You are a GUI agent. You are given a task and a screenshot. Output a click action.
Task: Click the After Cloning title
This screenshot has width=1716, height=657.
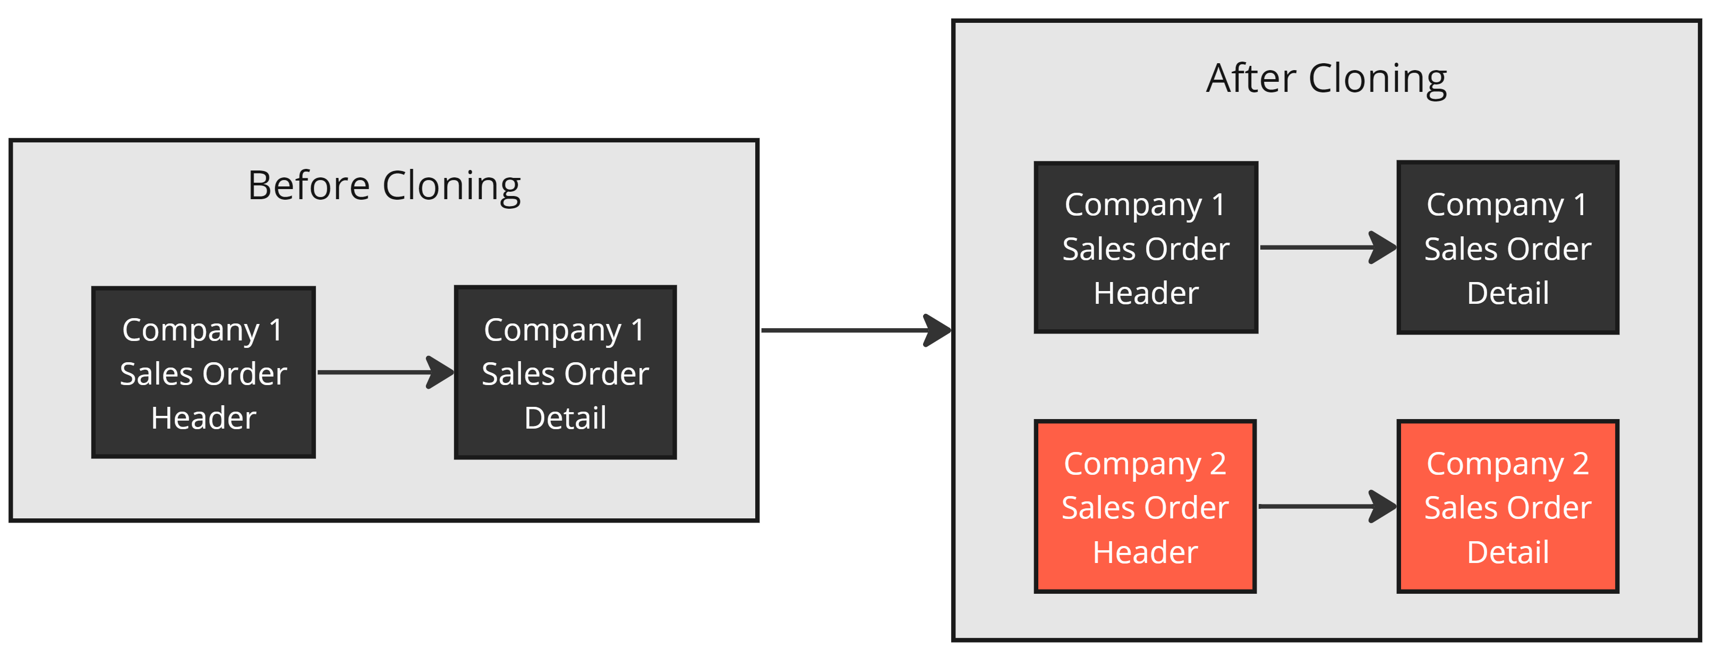[x=1326, y=79]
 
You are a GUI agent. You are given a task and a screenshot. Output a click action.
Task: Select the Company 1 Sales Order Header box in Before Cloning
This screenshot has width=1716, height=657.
[x=203, y=372]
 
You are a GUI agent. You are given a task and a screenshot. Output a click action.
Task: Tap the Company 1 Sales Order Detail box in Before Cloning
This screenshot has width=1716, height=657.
[x=565, y=372]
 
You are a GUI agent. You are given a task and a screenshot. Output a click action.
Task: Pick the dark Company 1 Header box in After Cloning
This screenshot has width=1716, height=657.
[x=1146, y=247]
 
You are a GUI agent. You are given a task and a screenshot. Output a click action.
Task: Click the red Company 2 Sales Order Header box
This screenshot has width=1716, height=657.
[x=1145, y=506]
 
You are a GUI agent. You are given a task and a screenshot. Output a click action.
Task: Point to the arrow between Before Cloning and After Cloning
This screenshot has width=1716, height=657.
[x=856, y=330]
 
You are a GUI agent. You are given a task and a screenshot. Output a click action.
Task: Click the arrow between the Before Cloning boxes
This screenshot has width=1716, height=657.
[x=385, y=372]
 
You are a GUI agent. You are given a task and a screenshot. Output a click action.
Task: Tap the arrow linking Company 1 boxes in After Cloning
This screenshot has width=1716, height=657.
[x=1328, y=247]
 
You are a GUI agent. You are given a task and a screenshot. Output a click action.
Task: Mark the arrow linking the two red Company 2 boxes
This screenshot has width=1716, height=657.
[x=1327, y=506]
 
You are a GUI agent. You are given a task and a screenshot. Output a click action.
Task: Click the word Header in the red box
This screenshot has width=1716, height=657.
[x=1145, y=552]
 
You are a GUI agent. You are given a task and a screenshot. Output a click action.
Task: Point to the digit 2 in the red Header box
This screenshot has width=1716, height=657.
[x=1218, y=464]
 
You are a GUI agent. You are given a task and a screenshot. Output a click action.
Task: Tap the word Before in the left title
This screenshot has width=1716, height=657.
[x=309, y=185]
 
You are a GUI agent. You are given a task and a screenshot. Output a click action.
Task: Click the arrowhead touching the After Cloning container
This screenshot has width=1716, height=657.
[x=938, y=330]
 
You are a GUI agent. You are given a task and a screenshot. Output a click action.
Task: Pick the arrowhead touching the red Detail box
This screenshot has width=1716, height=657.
[x=1383, y=506]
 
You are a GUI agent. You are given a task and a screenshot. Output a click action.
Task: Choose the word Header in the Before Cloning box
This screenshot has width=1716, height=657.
[x=203, y=419]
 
